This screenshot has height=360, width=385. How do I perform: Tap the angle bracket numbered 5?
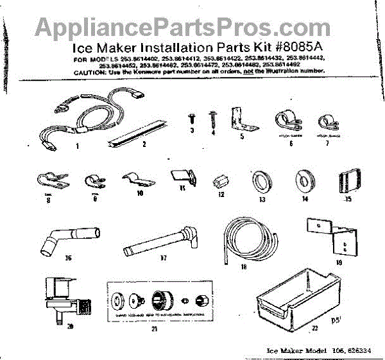243,119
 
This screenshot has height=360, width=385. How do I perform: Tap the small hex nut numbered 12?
221,178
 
